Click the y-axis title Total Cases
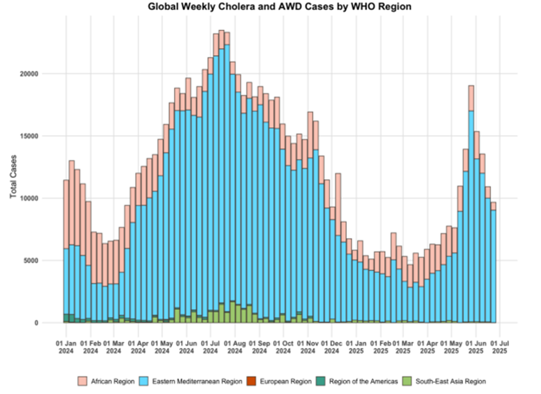(x=13, y=177)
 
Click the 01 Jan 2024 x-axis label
(x=67, y=348)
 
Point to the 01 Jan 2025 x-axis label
(x=358, y=348)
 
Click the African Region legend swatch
(x=82, y=381)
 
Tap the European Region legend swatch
(x=250, y=381)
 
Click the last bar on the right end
(x=493, y=263)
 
